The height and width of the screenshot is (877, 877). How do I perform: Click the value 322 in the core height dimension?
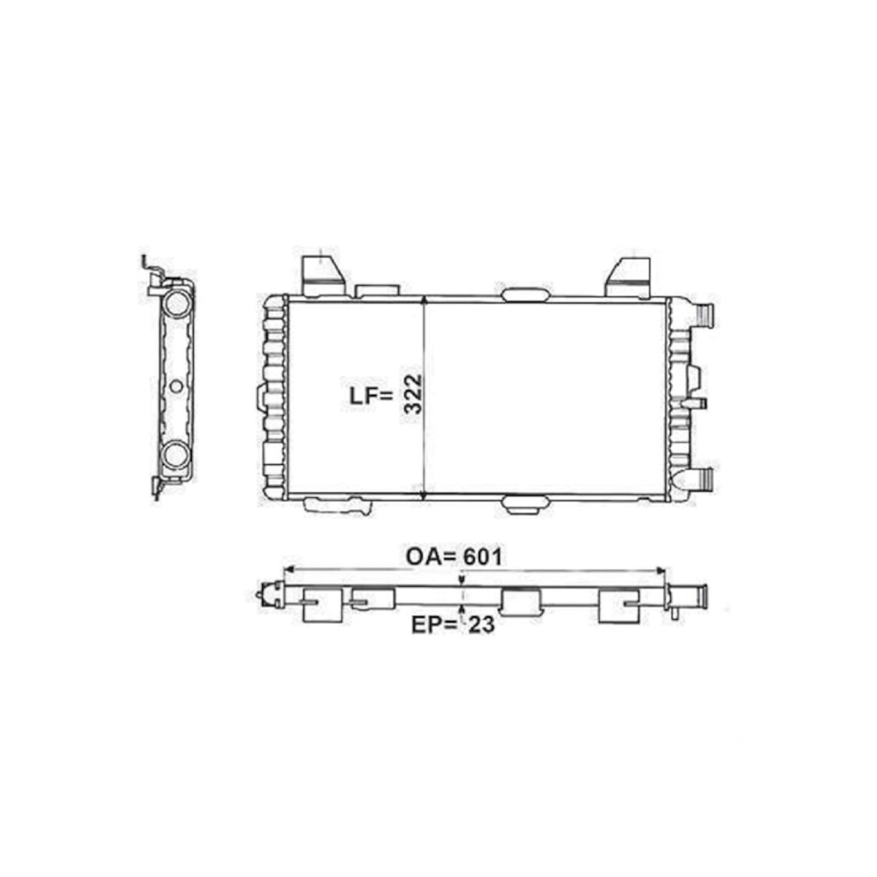tap(413, 394)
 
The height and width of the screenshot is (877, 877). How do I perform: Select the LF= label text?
tap(371, 396)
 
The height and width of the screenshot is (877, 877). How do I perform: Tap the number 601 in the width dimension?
tap(482, 557)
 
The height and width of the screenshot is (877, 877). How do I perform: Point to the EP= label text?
tap(434, 624)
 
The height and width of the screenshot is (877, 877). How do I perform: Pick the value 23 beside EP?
tap(481, 624)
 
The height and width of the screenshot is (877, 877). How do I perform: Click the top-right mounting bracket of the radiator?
tap(630, 277)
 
